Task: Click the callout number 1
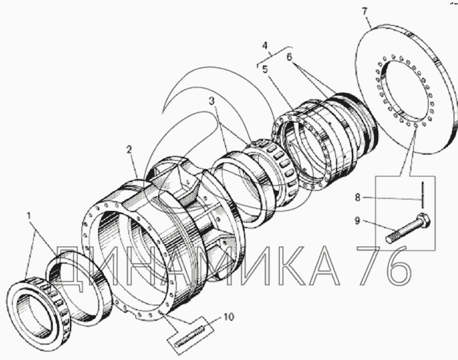pos(29,216)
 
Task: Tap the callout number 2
pos(129,150)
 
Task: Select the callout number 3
pos(212,101)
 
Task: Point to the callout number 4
pos(265,45)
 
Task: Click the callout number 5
pos(265,69)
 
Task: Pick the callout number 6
pos(289,56)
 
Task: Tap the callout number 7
pos(364,12)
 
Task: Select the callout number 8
pos(357,197)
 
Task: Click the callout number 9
pos(357,220)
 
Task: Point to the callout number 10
pos(229,316)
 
